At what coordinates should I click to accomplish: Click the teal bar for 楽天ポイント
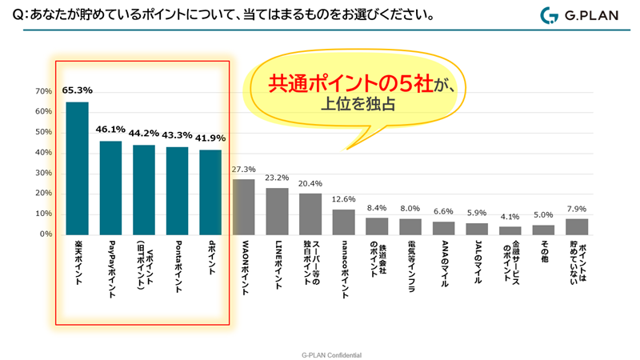coord(77,168)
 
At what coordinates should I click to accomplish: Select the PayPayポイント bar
coord(110,188)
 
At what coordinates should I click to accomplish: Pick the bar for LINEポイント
coord(277,211)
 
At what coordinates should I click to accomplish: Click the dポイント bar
coord(210,192)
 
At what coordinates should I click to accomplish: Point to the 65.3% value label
coord(77,91)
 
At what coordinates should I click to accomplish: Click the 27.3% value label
coord(243,170)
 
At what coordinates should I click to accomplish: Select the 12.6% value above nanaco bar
coord(343,200)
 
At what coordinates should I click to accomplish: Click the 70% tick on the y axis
coord(42,91)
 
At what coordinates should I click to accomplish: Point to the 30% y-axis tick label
coord(42,174)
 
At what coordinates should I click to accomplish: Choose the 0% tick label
coord(45,235)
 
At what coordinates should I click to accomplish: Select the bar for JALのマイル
coord(477,229)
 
